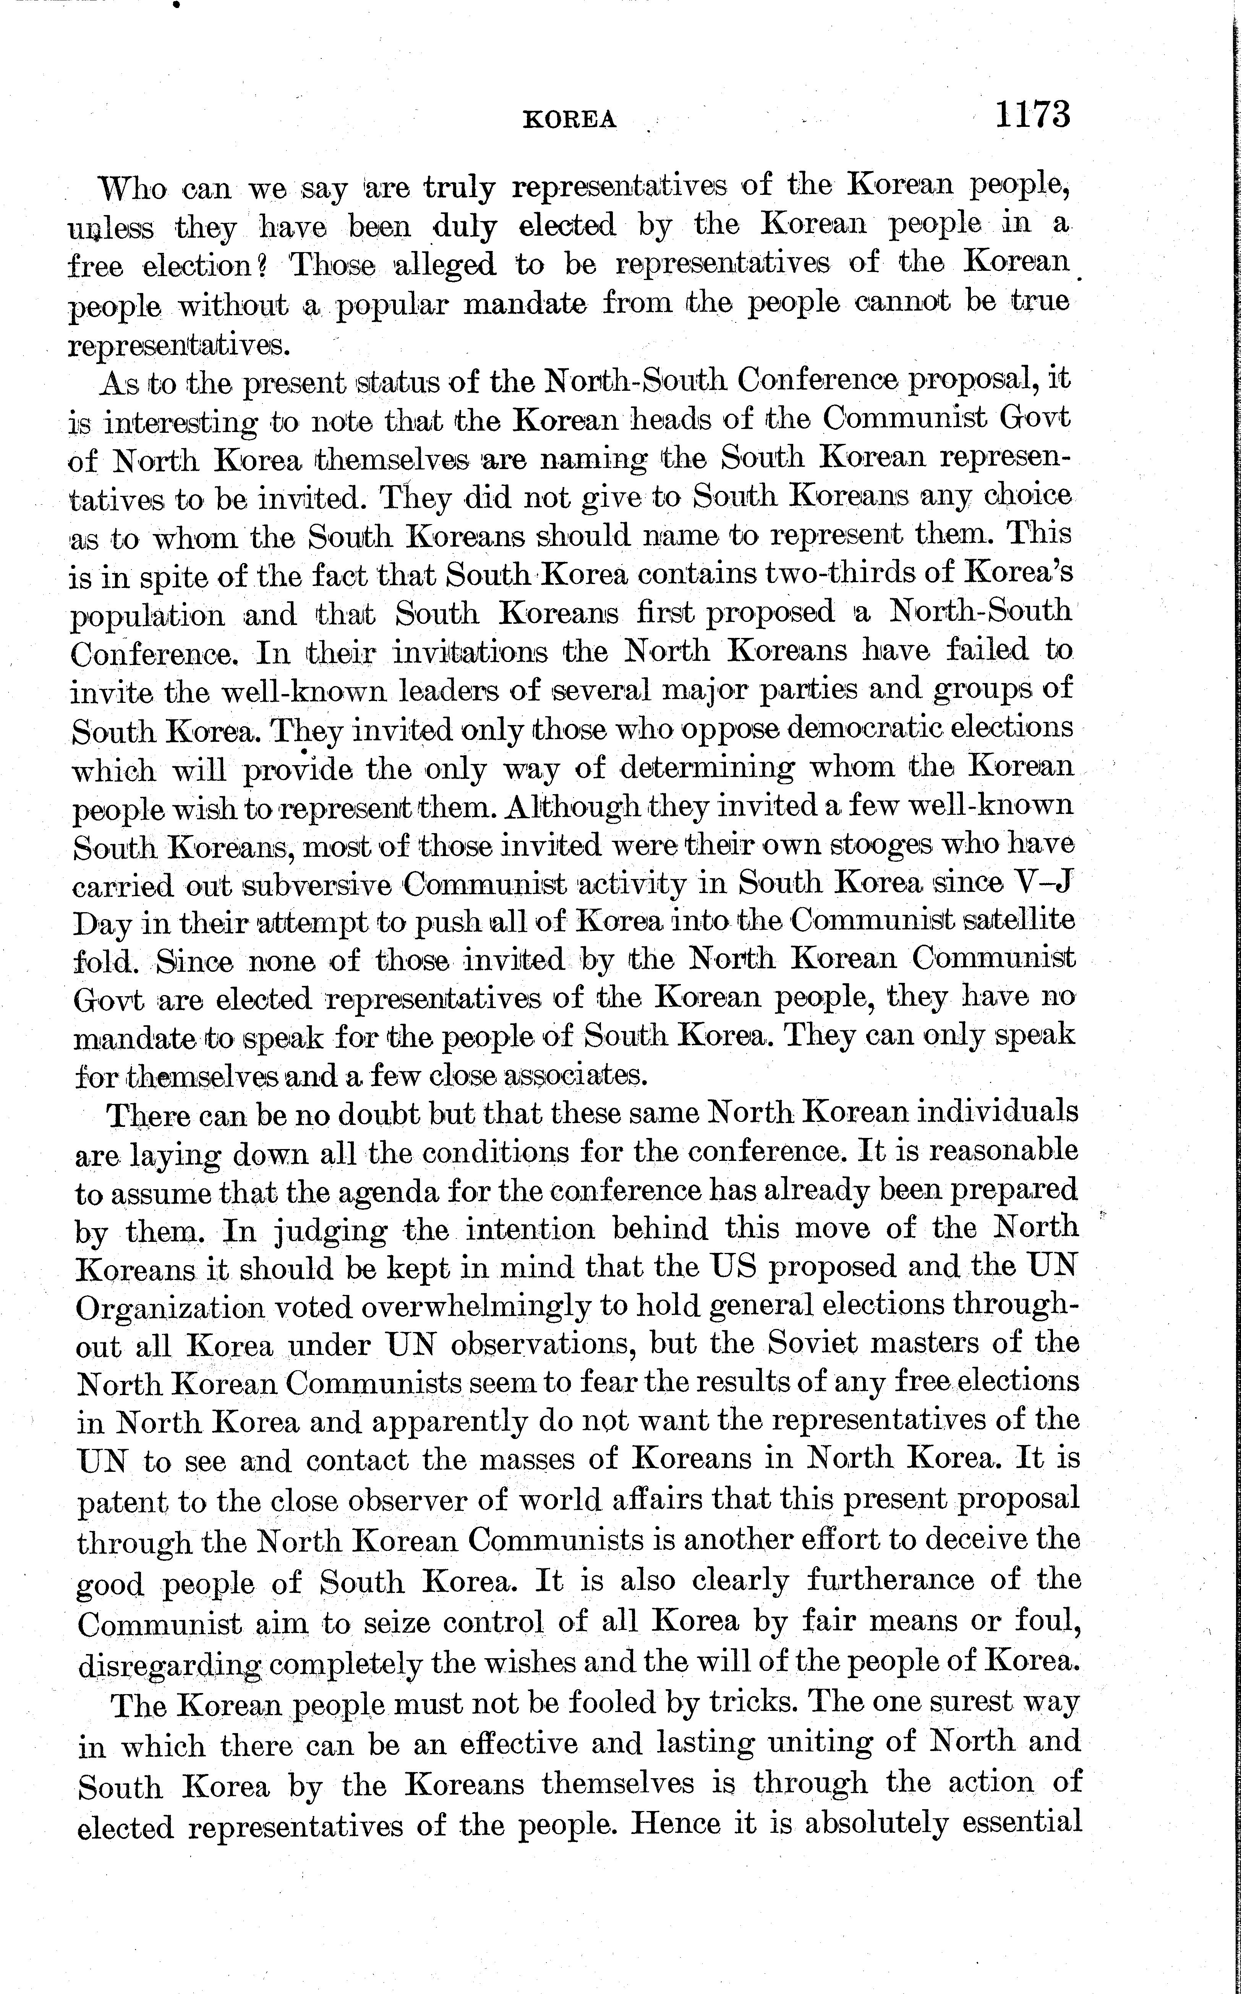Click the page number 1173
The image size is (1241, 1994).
(x=1032, y=114)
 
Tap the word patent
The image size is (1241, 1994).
(x=123, y=1501)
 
